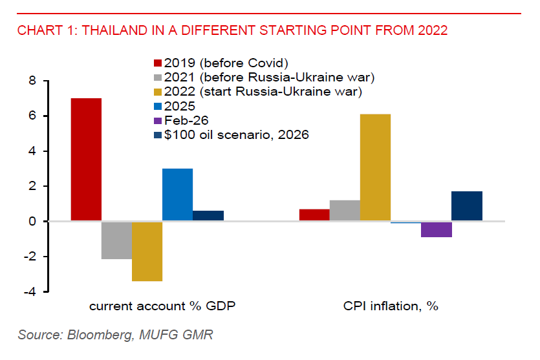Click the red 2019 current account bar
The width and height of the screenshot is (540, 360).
click(x=86, y=160)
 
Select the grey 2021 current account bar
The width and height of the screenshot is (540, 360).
click(x=116, y=240)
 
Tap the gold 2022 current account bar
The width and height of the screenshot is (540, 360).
click(x=147, y=251)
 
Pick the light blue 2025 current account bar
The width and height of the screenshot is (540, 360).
click(x=177, y=195)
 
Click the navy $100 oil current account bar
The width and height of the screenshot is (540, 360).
click(x=208, y=216)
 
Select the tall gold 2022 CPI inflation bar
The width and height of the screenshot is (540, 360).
click(x=375, y=167)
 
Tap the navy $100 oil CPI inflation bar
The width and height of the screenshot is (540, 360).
click(x=466, y=206)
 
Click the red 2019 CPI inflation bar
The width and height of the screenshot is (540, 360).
click(x=314, y=215)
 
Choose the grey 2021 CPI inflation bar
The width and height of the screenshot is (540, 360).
click(x=345, y=211)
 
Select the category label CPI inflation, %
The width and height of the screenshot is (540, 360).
click(x=391, y=306)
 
